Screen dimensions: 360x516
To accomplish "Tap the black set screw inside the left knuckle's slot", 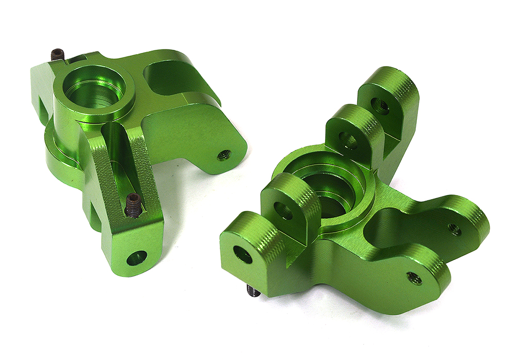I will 133,205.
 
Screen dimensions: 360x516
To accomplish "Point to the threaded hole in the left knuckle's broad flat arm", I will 224,155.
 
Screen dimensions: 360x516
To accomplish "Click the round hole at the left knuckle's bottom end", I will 137,257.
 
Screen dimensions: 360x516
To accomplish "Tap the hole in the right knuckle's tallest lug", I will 381,106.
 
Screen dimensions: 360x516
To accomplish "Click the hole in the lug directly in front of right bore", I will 283,210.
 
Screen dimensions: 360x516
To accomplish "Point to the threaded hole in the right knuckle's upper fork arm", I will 455,229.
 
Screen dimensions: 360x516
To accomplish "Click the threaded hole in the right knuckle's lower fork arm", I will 414,278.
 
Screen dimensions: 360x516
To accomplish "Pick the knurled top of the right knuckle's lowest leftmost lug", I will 258,227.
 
